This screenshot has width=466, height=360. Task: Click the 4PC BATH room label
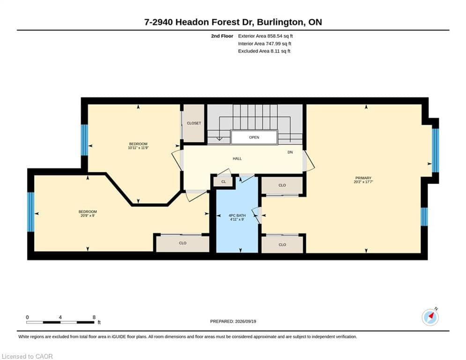coord(237,216)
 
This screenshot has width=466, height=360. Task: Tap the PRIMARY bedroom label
coord(363,178)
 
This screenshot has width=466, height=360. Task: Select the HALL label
coord(237,158)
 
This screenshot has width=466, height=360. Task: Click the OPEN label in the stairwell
coord(254,137)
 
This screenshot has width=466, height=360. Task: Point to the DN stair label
coord(290,152)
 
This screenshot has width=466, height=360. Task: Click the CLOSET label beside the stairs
coord(194,123)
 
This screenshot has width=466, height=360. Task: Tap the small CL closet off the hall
coord(223,182)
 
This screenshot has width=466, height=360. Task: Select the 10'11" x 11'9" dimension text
coord(138,148)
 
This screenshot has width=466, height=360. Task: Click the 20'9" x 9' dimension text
coord(88,216)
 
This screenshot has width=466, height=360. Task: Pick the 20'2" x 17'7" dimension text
coord(363,181)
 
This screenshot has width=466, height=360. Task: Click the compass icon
coord(430,317)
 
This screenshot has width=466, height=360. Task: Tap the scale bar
coord(60,322)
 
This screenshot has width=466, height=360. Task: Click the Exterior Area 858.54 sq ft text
coord(266,36)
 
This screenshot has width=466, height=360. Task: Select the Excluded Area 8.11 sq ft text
coord(264,51)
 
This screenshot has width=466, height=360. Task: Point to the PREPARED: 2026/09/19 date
coord(233,321)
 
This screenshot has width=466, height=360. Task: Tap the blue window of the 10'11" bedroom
coord(84,140)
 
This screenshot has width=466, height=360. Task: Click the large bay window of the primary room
coord(436,150)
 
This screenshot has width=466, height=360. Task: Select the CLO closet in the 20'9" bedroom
coord(183,243)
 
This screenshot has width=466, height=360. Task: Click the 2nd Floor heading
coord(222,36)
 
